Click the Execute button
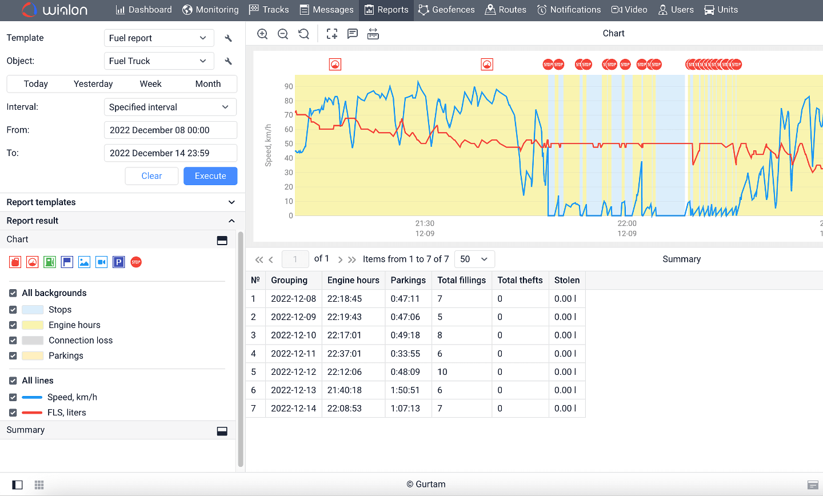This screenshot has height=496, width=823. click(x=210, y=176)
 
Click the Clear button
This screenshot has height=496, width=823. click(x=151, y=176)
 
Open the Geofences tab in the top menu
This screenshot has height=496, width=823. click(x=446, y=10)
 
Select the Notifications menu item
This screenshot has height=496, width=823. click(x=569, y=10)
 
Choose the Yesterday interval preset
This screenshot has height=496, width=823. click(x=93, y=84)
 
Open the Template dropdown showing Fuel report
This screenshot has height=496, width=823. click(x=158, y=38)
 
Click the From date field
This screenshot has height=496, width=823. click(x=170, y=130)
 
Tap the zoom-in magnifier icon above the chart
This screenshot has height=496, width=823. click(x=262, y=34)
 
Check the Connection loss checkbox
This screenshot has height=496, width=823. click(x=13, y=341)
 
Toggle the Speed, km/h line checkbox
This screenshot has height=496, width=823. click(x=13, y=398)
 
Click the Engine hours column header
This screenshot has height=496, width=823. click(x=353, y=280)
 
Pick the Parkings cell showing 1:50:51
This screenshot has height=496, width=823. click(x=405, y=390)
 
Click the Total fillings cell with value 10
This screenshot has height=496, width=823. click(x=442, y=372)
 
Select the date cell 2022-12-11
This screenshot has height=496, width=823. click(x=293, y=354)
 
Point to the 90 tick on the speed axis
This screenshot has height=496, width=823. click(x=289, y=87)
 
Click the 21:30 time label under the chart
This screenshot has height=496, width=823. click(x=425, y=223)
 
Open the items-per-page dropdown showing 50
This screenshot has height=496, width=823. click(x=474, y=259)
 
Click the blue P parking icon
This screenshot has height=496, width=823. click(x=119, y=262)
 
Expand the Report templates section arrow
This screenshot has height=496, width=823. click(x=231, y=202)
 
